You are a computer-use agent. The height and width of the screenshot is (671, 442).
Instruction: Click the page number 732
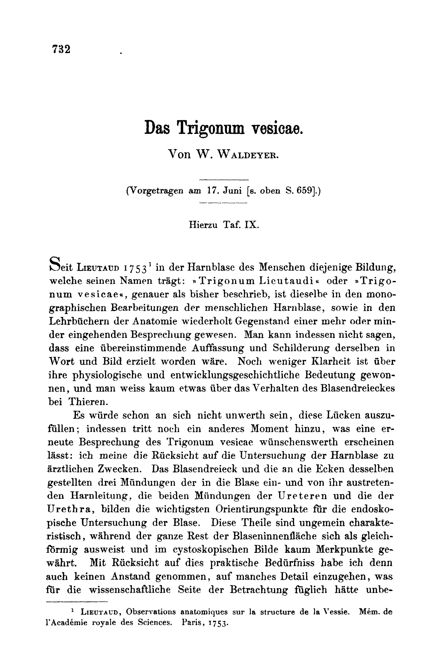pyautogui.click(x=61, y=49)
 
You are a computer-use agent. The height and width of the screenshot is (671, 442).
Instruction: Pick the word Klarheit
pyautogui.click(x=325, y=361)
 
